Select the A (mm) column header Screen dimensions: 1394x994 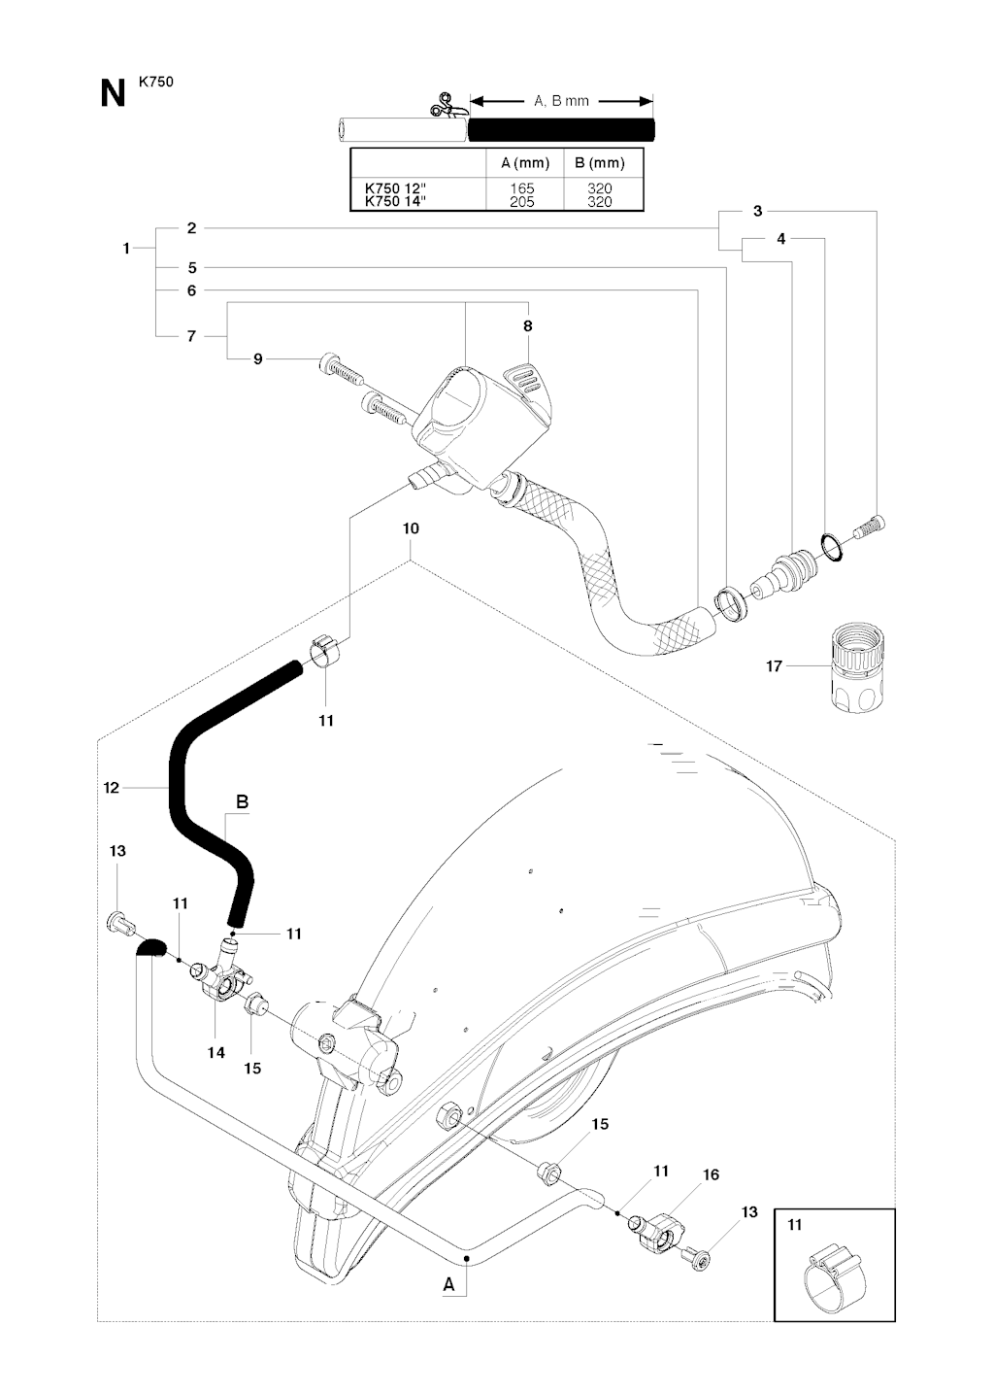(525, 162)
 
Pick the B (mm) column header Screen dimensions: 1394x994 (600, 162)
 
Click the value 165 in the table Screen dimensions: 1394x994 (522, 188)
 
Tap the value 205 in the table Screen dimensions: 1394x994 (522, 201)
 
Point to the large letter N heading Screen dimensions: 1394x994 (113, 94)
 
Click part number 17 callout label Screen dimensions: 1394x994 (774, 666)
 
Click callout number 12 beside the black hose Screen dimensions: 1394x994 (112, 788)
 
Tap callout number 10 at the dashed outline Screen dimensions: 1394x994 (411, 528)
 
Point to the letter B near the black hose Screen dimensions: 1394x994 (243, 802)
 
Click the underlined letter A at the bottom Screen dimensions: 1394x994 (448, 1284)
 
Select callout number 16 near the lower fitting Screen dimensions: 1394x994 (711, 1175)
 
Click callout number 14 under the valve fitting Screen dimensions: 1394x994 (215, 1052)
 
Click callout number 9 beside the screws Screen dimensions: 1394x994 (258, 359)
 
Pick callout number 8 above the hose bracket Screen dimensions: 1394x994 (528, 326)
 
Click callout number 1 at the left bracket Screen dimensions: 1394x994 (126, 249)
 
